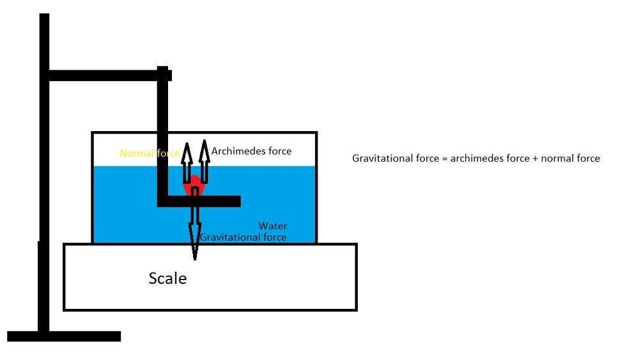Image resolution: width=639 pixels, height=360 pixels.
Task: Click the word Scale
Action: [167, 279]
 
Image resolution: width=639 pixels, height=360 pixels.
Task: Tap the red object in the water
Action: [195, 187]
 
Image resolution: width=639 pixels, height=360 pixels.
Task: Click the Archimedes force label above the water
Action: [251, 152]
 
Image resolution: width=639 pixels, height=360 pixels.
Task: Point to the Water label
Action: [273, 226]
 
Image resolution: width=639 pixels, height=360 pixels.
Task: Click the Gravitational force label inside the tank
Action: [243, 237]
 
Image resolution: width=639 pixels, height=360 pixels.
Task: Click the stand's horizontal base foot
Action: [64, 336]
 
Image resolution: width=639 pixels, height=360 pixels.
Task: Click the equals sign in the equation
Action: [444, 159]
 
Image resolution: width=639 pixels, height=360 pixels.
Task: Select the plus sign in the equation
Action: [535, 159]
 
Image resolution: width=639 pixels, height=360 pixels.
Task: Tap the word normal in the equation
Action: [556, 159]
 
